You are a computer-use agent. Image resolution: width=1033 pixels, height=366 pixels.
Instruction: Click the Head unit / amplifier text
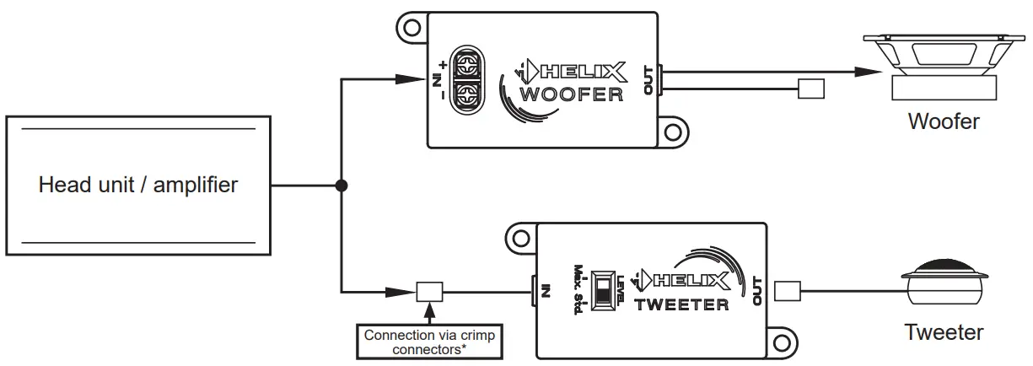(138, 185)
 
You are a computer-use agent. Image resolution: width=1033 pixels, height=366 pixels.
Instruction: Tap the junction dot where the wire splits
(341, 185)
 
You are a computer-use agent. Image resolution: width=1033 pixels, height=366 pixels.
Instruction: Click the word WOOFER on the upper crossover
(572, 94)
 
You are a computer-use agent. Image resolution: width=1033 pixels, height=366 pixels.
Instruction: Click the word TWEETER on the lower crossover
(681, 304)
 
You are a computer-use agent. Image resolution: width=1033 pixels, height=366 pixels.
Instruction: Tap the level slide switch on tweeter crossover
(604, 291)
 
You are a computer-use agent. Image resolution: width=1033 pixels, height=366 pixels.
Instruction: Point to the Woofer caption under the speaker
(944, 121)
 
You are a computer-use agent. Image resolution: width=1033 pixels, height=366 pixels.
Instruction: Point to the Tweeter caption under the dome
(944, 332)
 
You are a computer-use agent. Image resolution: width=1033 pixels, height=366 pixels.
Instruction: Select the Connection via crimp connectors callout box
(428, 342)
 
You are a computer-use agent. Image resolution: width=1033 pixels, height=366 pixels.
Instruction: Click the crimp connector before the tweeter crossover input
(429, 292)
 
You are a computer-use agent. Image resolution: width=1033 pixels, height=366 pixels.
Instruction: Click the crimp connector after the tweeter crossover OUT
(787, 292)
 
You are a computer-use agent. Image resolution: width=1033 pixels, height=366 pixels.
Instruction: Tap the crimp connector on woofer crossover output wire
(811, 89)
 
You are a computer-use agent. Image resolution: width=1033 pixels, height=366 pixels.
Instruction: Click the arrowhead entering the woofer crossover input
(412, 80)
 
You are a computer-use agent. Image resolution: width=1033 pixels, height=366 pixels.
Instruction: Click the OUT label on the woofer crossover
(648, 80)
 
